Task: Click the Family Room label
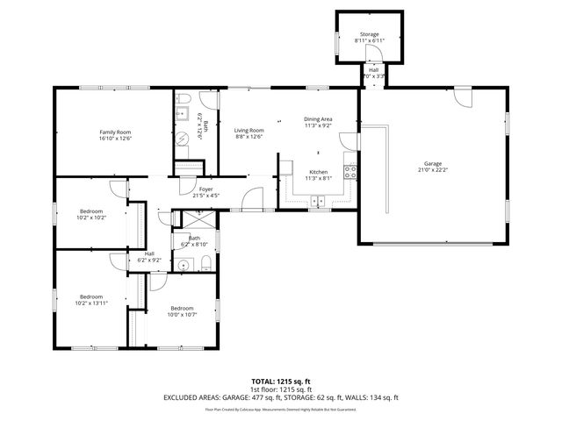[x=114, y=132]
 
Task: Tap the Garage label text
[x=432, y=163]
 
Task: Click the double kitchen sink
[x=318, y=202]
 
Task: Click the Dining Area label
[x=318, y=118]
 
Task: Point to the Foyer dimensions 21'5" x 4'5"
[x=205, y=195]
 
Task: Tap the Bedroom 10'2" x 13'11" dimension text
[x=92, y=303]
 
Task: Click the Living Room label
[x=249, y=131]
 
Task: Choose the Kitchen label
[x=317, y=172]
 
